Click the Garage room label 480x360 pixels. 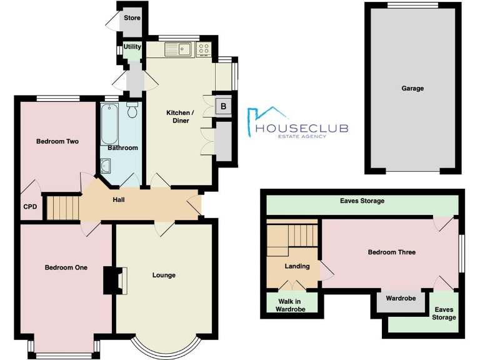(412, 89)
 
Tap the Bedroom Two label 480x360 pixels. (57, 142)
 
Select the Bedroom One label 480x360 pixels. (66, 267)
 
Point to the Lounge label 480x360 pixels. (164, 275)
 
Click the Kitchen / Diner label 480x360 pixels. (180, 116)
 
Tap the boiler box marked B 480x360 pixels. (222, 106)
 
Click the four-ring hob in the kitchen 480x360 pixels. (204, 48)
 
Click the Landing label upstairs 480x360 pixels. (297, 266)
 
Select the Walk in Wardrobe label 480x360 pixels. (289, 304)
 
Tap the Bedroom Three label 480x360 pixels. (391, 252)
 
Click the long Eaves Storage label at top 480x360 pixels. (362, 201)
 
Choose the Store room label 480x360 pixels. (132, 18)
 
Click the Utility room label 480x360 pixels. (132, 47)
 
